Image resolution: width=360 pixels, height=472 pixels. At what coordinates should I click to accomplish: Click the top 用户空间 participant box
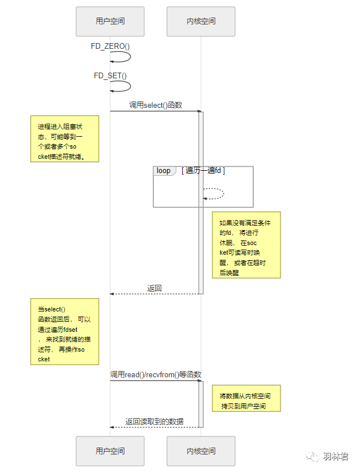[110, 22]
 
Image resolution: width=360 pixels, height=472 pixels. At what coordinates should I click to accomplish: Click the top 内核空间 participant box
[201, 22]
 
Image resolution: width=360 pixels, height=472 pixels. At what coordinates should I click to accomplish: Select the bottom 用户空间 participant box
[110, 451]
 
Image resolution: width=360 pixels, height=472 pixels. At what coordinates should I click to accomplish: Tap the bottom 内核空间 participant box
[201, 451]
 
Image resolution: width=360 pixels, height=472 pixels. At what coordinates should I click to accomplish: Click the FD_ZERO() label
[110, 46]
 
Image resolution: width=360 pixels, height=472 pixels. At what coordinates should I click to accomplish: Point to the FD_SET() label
[110, 75]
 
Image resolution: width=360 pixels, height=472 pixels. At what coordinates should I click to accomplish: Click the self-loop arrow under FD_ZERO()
[130, 57]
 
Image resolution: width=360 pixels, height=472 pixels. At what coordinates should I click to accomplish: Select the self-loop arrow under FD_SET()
[130, 86]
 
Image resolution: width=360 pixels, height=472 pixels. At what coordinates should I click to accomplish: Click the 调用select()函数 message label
[156, 105]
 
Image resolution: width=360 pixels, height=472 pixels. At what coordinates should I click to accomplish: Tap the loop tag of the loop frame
[164, 171]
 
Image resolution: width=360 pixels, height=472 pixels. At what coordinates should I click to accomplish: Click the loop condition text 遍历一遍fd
[203, 171]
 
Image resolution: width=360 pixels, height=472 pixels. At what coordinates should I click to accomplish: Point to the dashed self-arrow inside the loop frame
[223, 193]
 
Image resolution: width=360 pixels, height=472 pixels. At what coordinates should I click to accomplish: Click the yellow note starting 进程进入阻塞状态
[65, 139]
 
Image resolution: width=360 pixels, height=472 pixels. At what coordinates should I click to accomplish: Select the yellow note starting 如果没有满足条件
[246, 245]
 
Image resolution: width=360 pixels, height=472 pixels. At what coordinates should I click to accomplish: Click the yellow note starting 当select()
[65, 332]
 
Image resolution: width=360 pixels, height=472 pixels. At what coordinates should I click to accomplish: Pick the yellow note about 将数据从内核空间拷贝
[246, 398]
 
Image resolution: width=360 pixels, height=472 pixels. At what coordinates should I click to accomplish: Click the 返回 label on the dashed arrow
[154, 288]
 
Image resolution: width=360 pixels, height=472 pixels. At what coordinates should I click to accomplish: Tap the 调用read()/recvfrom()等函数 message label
[156, 374]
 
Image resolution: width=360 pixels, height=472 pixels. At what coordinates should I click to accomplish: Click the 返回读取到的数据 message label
[154, 422]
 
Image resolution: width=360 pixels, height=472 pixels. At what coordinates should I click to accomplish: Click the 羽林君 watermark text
[336, 457]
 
